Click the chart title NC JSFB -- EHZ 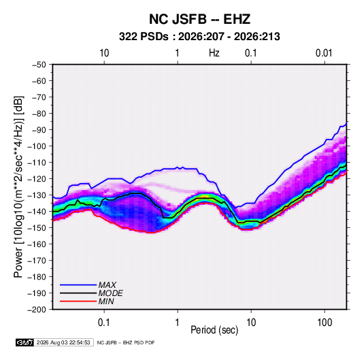[x=199, y=19]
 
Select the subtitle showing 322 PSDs [x=199, y=37]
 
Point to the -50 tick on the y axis [x=39, y=65]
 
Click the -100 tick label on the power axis [x=37, y=146]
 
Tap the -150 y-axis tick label [x=37, y=228]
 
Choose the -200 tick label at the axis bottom [x=37, y=310]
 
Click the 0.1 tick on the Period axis [x=104, y=323]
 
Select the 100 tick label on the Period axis [x=325, y=323]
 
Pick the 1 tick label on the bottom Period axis [x=178, y=323]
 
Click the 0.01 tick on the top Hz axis [x=324, y=53]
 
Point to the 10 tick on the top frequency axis [x=104, y=53]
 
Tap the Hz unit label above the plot [x=214, y=53]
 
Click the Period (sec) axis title [x=214, y=330]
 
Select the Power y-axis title [x=18, y=186]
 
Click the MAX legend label [x=107, y=285]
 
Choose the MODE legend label [x=110, y=293]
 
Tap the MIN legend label [x=106, y=301]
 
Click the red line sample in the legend [x=78, y=301]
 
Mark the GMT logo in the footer [x=25, y=342]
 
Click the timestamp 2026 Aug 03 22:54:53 [x=63, y=342]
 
